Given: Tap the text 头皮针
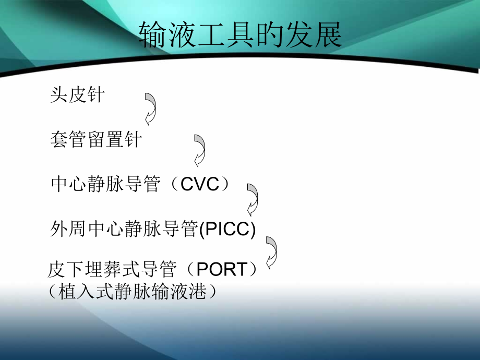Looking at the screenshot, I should [x=77, y=95].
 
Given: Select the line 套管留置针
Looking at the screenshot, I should [x=96, y=139].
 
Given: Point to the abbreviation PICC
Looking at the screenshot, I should [x=229, y=229].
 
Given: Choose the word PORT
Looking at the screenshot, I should [x=222, y=270].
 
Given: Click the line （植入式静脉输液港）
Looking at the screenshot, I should [x=132, y=291].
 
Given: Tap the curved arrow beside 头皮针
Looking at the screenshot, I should [x=150, y=109].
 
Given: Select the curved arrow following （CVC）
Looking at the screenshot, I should [x=253, y=199].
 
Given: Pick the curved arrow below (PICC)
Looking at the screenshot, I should [x=271, y=251].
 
